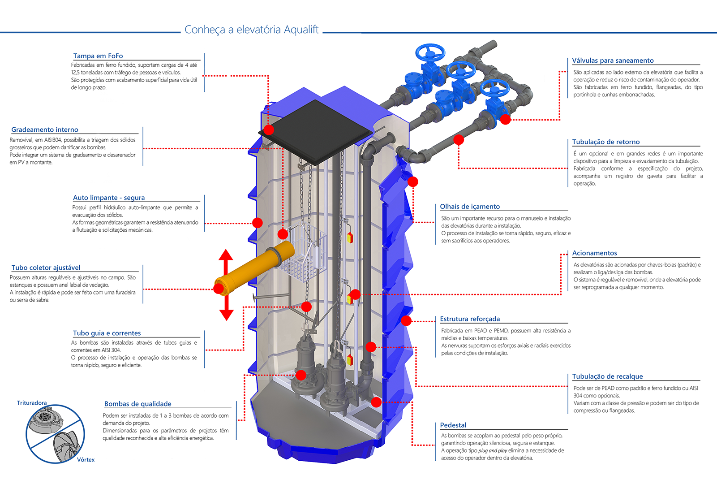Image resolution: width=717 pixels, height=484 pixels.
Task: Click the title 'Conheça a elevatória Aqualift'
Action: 251,30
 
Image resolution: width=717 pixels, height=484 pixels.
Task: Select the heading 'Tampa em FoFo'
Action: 98,56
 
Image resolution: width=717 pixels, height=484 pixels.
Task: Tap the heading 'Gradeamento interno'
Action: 45,130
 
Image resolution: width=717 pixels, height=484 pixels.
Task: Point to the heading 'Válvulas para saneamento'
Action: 613,60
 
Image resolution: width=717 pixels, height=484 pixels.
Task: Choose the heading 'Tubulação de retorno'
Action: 606,142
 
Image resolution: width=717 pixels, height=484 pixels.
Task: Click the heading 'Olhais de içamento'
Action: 470,207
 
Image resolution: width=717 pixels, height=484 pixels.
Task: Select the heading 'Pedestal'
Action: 453,425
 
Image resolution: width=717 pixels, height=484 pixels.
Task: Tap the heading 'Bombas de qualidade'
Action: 137,404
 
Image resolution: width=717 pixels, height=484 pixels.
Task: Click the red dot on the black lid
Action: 269,130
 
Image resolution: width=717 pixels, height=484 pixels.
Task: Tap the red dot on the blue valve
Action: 505,119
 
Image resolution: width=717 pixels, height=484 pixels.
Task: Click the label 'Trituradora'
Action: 32,403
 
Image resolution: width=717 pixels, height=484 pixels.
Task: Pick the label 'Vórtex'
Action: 86,459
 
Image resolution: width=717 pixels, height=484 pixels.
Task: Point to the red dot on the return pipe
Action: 458,140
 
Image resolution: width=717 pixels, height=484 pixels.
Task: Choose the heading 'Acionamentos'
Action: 594,253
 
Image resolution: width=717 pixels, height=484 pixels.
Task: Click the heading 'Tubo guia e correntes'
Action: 107,333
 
